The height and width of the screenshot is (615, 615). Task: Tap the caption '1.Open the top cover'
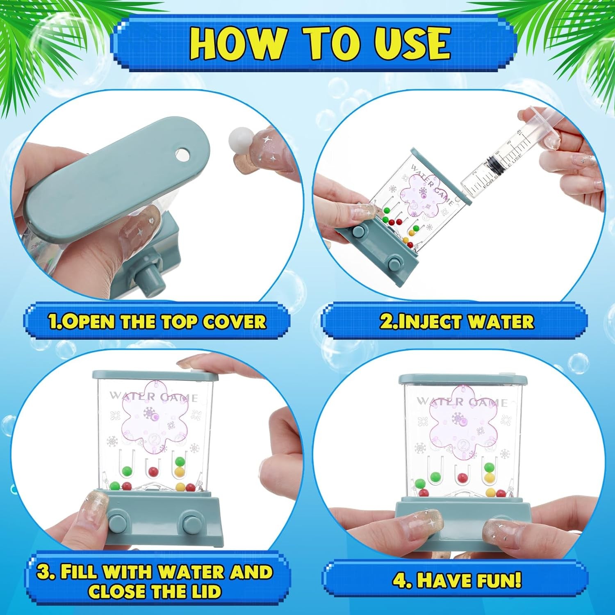[x=157, y=321]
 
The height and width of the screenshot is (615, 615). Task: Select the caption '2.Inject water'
[x=456, y=321]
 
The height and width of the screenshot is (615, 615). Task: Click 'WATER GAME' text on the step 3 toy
[x=153, y=397]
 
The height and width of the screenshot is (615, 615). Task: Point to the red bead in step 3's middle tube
[x=153, y=471]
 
